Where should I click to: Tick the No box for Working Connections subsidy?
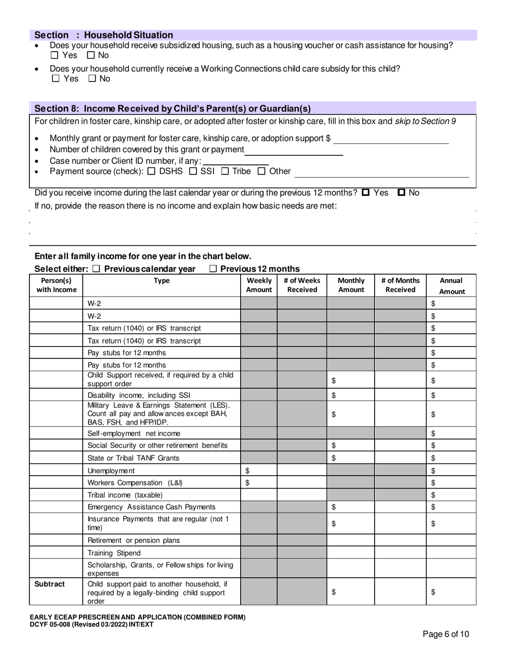[92, 79]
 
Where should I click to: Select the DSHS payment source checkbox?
[151, 171]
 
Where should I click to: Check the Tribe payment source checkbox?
[225, 171]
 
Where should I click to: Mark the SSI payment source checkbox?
[193, 171]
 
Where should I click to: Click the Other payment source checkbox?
[262, 171]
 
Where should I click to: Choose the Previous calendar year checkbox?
[96, 269]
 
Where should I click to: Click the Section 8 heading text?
[172, 108]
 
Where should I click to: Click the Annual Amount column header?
[451, 286]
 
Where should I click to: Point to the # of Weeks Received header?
[302, 285]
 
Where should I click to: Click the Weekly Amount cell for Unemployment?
[258, 471]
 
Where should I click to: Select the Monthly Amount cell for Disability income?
[350, 395]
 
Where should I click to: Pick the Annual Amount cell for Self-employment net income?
[451, 434]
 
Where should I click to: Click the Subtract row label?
[50, 584]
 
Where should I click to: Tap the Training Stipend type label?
[114, 553]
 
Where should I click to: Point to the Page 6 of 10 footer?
[446, 634]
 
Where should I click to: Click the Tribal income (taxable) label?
[125, 495]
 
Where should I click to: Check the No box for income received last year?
[402, 193]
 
